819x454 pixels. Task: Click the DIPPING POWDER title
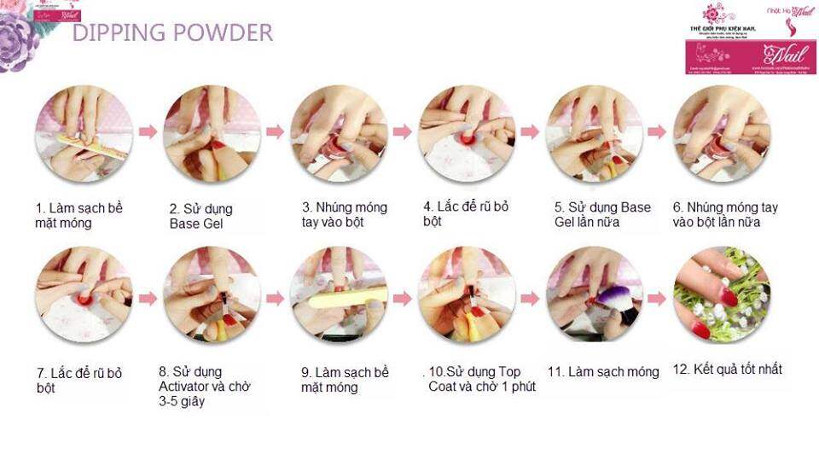[x=172, y=33]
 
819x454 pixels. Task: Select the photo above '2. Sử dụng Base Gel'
[x=212, y=133]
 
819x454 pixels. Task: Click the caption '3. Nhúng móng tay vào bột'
[x=344, y=214]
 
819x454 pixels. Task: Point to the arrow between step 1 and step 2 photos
[x=148, y=132]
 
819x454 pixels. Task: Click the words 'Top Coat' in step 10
[x=499, y=372]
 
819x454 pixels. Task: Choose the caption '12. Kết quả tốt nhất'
[x=728, y=370]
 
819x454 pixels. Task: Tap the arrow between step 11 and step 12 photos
[x=656, y=299]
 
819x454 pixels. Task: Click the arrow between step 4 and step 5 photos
[x=530, y=132]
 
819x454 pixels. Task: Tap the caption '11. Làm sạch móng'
[x=603, y=372]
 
